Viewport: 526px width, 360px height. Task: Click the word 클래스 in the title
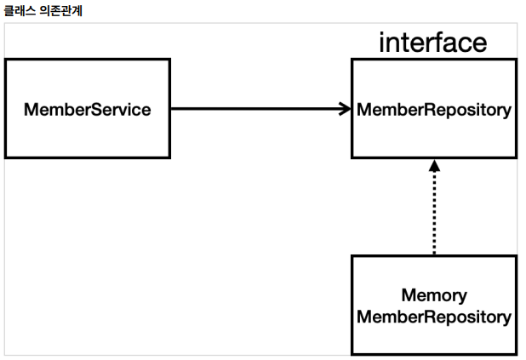click(x=20, y=11)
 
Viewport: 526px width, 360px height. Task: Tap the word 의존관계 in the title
click(x=60, y=11)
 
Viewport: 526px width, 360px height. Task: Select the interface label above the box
click(x=432, y=43)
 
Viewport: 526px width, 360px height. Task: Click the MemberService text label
click(x=87, y=110)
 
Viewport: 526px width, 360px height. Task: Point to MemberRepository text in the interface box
click(x=434, y=111)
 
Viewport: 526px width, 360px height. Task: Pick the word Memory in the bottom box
click(x=434, y=296)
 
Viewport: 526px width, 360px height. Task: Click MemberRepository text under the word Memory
click(x=434, y=317)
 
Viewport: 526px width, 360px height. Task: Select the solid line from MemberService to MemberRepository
click(x=260, y=109)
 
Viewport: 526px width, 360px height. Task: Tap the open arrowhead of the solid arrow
click(x=346, y=109)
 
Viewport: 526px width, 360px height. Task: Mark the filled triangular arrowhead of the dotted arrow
click(x=434, y=166)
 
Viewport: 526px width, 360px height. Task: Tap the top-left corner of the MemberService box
click(x=5, y=60)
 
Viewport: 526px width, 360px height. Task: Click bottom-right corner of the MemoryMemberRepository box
click(x=516, y=354)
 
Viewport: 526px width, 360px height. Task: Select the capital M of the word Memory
click(x=409, y=295)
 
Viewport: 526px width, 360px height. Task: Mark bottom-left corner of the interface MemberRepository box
click(x=352, y=157)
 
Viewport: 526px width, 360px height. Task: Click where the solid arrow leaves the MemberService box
click(x=171, y=109)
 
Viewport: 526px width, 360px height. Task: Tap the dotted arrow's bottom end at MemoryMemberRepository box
click(x=434, y=254)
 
